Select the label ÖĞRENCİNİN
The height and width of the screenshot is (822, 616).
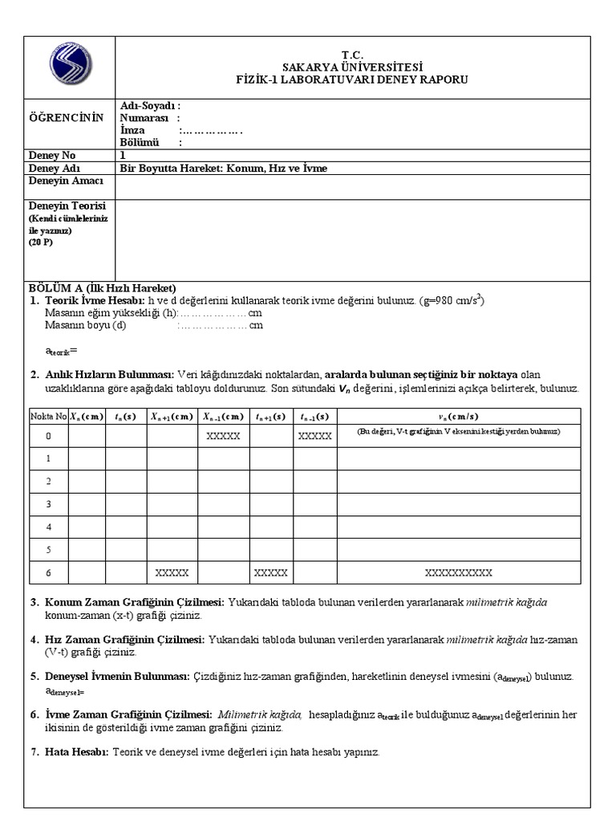[x=67, y=118]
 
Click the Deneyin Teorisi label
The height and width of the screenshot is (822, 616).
[x=62, y=206]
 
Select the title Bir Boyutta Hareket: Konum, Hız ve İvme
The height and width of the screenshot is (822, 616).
[x=224, y=169]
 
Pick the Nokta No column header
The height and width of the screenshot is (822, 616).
[x=48, y=416]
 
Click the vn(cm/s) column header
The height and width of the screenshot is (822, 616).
[x=458, y=416]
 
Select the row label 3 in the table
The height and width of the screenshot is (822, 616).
[x=48, y=504]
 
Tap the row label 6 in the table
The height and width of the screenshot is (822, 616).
[x=48, y=572]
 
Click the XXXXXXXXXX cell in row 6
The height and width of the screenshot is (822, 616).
[x=458, y=572]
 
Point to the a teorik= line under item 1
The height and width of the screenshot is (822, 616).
[x=61, y=351]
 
